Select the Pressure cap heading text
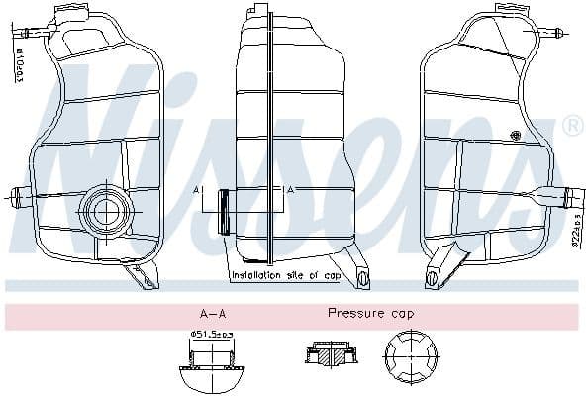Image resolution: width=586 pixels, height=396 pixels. (x=371, y=313)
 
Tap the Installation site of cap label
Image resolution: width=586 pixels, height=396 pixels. (x=284, y=275)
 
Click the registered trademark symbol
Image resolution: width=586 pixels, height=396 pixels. (x=571, y=126)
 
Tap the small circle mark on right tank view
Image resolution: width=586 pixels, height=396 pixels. (x=513, y=136)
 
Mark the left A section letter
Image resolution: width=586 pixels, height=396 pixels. (x=197, y=189)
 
